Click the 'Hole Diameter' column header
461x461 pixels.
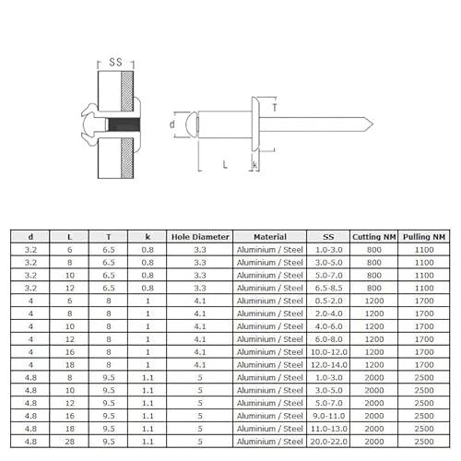pyautogui.click(x=200, y=237)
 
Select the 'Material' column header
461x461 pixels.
pyautogui.click(x=268, y=237)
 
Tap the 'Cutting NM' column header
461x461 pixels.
pyautogui.click(x=373, y=237)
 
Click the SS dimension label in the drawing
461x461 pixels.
pyautogui.click(x=115, y=62)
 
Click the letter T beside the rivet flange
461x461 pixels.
pyautogui.click(x=274, y=108)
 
